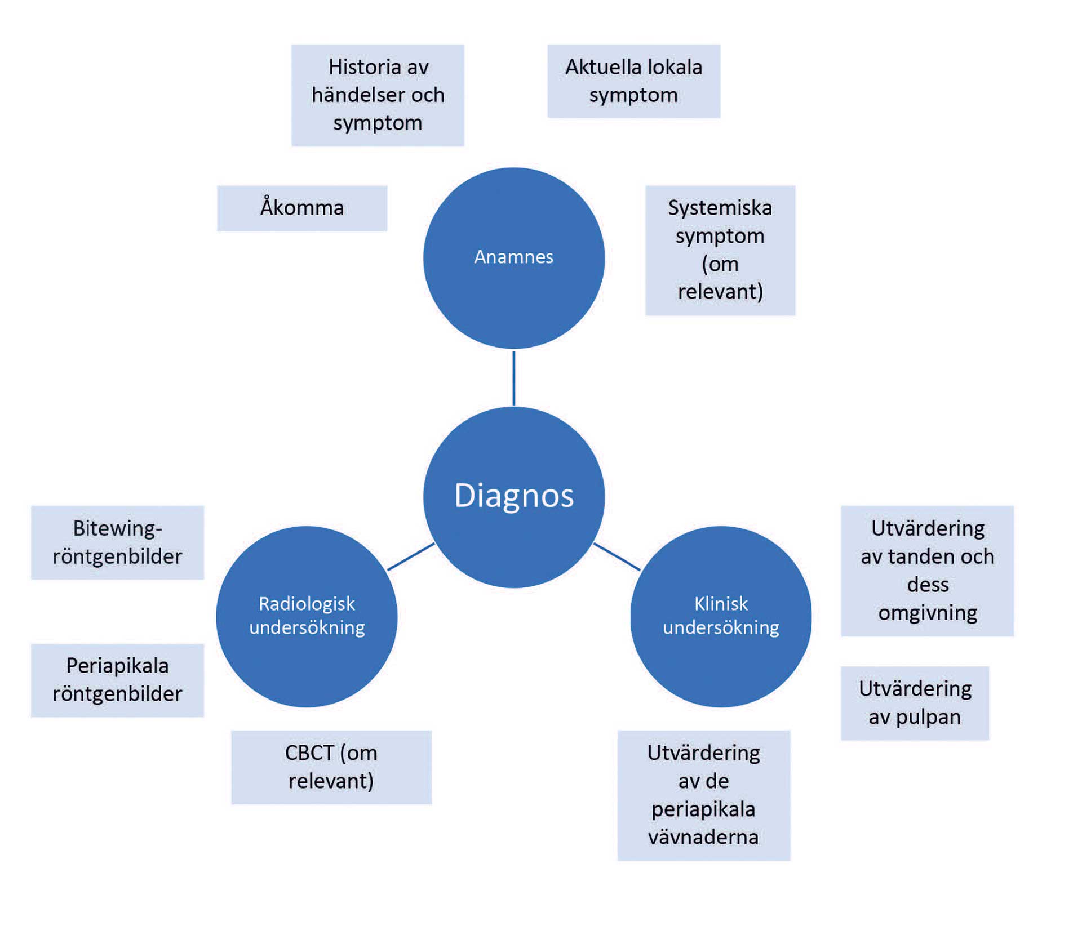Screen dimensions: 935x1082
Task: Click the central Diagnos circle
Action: point(513,497)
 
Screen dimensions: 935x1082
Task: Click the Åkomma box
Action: point(302,208)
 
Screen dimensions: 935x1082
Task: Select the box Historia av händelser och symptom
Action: point(378,95)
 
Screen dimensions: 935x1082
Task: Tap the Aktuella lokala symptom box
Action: point(633,81)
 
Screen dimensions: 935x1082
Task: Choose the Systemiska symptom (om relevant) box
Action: point(720,250)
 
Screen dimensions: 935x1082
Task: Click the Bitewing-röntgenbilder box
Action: point(117,542)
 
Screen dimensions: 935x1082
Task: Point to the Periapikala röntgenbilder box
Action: point(117,680)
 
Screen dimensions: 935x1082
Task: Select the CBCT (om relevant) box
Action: point(331,767)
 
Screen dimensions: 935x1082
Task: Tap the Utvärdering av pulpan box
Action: point(915,703)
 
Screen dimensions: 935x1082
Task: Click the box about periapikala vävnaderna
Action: point(703,795)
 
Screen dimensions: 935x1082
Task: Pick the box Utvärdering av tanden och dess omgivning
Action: point(927,571)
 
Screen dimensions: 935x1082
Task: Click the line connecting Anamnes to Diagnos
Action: point(513,378)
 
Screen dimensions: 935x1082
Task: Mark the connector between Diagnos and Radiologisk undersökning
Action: point(411,556)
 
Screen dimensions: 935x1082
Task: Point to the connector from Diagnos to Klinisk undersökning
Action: point(617,556)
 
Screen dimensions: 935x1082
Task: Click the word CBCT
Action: point(309,753)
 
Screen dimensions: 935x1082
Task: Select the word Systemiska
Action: point(720,208)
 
